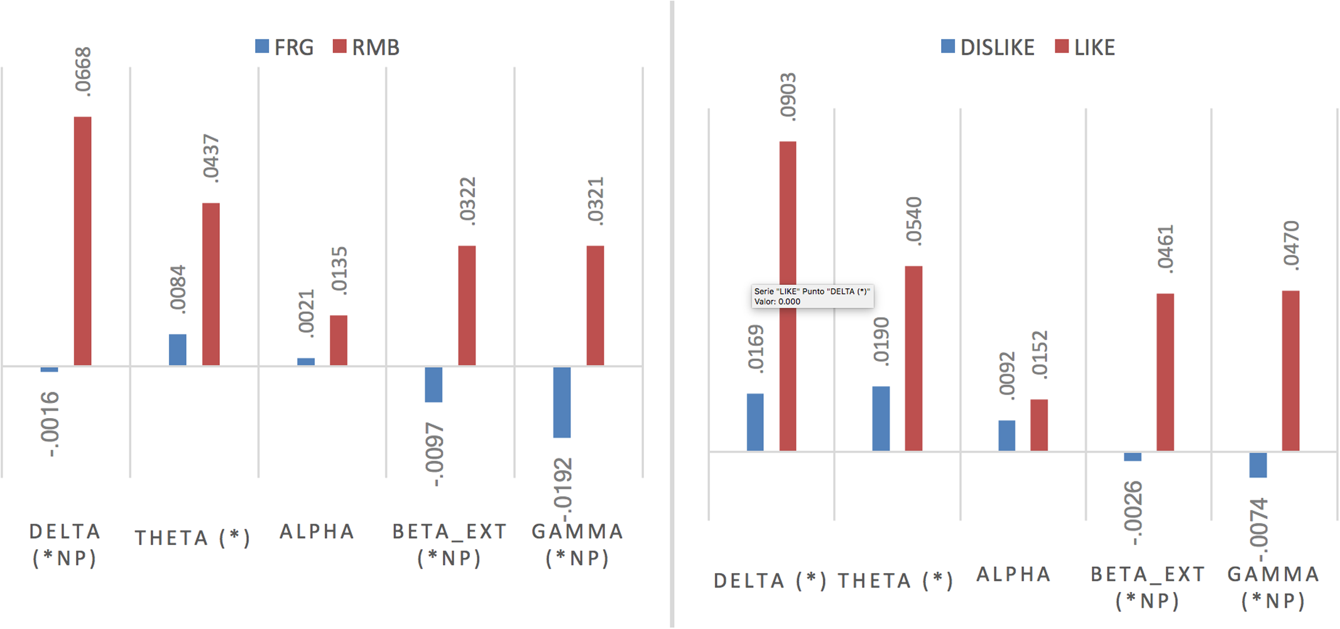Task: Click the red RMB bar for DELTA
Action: (82, 241)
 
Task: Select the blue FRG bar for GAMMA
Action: (562, 402)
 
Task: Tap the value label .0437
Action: (211, 159)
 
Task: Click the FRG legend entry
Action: (285, 47)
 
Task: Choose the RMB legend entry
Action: (366, 47)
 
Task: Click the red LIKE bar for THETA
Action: (913, 358)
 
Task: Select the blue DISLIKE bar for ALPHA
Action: (1006, 435)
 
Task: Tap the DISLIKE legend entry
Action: (988, 47)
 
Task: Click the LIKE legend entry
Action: (1085, 47)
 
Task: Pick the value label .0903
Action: (788, 96)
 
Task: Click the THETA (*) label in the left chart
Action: (193, 539)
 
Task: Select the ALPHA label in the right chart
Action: (1013, 574)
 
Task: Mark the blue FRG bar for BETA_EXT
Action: (433, 384)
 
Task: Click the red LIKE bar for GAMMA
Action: (1290, 370)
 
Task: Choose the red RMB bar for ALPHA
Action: (339, 340)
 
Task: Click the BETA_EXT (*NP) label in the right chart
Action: (1147, 588)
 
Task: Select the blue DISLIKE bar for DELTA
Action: (755, 422)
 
